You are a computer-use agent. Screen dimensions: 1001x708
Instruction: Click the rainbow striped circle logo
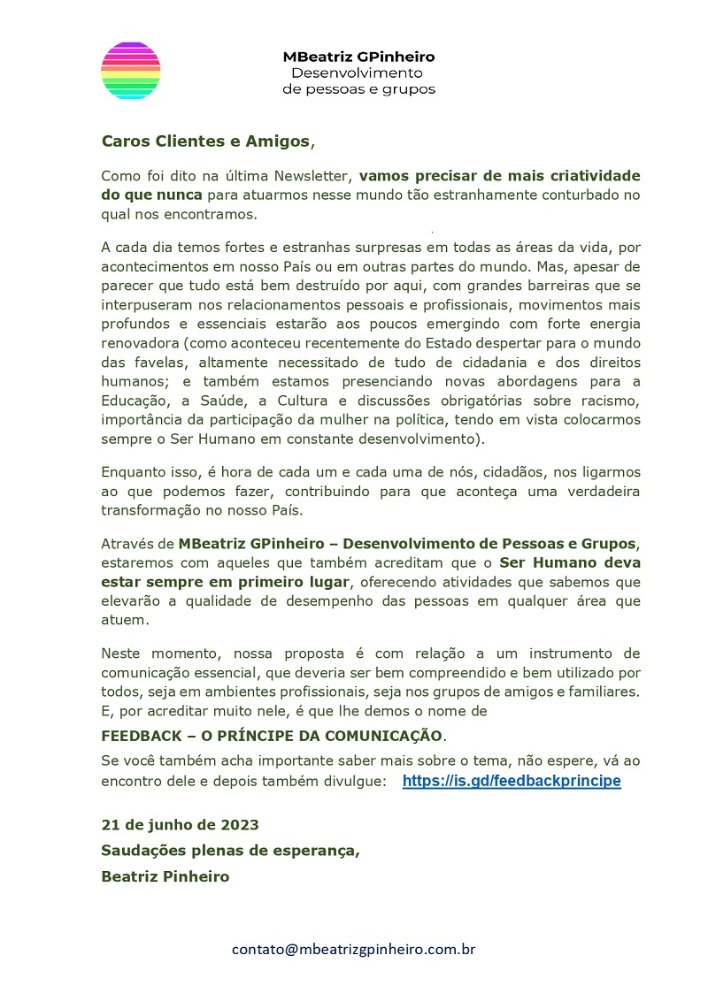(x=131, y=71)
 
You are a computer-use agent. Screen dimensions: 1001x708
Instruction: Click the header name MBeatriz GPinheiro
(x=358, y=57)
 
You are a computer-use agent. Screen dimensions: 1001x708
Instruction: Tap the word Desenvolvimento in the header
(x=357, y=73)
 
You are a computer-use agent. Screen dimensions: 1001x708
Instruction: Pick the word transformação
(x=155, y=511)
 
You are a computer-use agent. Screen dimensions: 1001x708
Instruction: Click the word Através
(x=128, y=543)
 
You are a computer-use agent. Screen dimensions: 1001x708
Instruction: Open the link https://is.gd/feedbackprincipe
(x=512, y=781)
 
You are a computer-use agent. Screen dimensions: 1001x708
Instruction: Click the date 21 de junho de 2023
(x=181, y=824)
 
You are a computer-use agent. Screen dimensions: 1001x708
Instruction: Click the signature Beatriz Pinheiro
(x=165, y=876)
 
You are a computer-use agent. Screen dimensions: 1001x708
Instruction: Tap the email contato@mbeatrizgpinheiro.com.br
(x=354, y=950)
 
